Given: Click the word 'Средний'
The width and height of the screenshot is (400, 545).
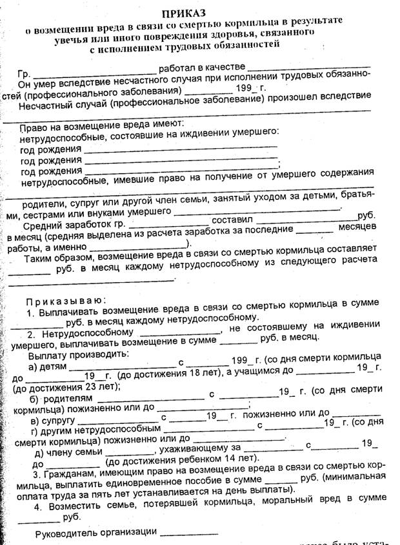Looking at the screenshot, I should (43, 225).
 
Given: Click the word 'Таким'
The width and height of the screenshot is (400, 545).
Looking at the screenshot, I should (43, 259).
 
